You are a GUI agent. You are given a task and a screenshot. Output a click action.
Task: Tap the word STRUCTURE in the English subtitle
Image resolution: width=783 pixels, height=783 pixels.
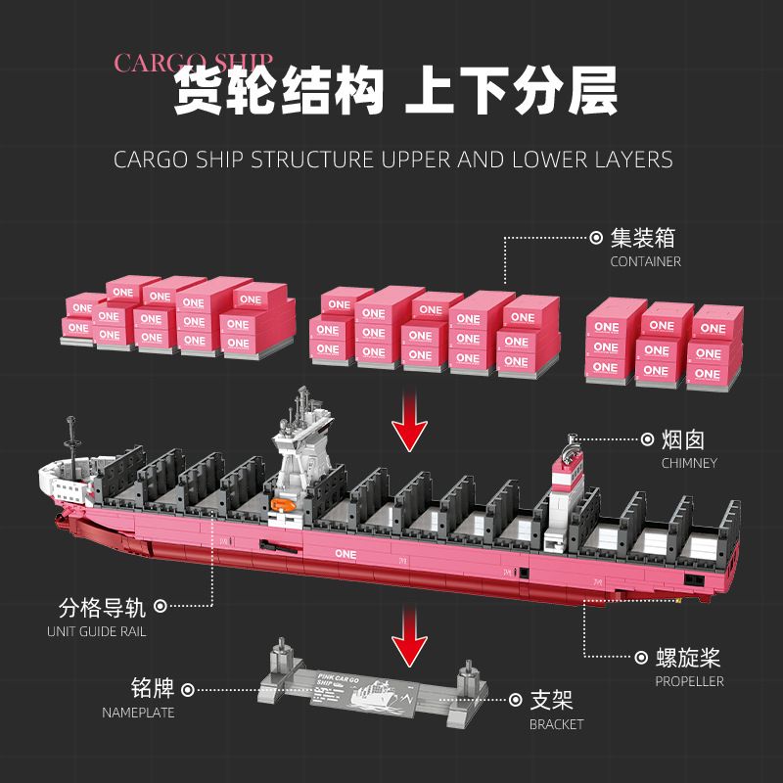[299, 160]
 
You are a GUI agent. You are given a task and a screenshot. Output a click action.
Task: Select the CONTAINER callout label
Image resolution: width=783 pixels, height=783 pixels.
[645, 261]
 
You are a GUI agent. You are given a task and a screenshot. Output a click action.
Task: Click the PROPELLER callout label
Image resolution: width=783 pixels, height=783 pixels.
[690, 680]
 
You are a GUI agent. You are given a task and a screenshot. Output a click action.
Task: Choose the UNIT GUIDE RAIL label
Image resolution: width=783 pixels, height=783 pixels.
[97, 631]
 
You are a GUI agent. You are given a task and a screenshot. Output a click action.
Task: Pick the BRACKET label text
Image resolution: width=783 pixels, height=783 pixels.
[556, 724]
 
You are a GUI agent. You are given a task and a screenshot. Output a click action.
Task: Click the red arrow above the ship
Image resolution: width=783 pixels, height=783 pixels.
[408, 422]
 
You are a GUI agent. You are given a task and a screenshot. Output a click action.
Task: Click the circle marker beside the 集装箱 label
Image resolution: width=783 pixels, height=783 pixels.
[595, 238]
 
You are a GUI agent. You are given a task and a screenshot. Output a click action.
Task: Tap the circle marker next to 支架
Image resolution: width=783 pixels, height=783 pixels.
[515, 701]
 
